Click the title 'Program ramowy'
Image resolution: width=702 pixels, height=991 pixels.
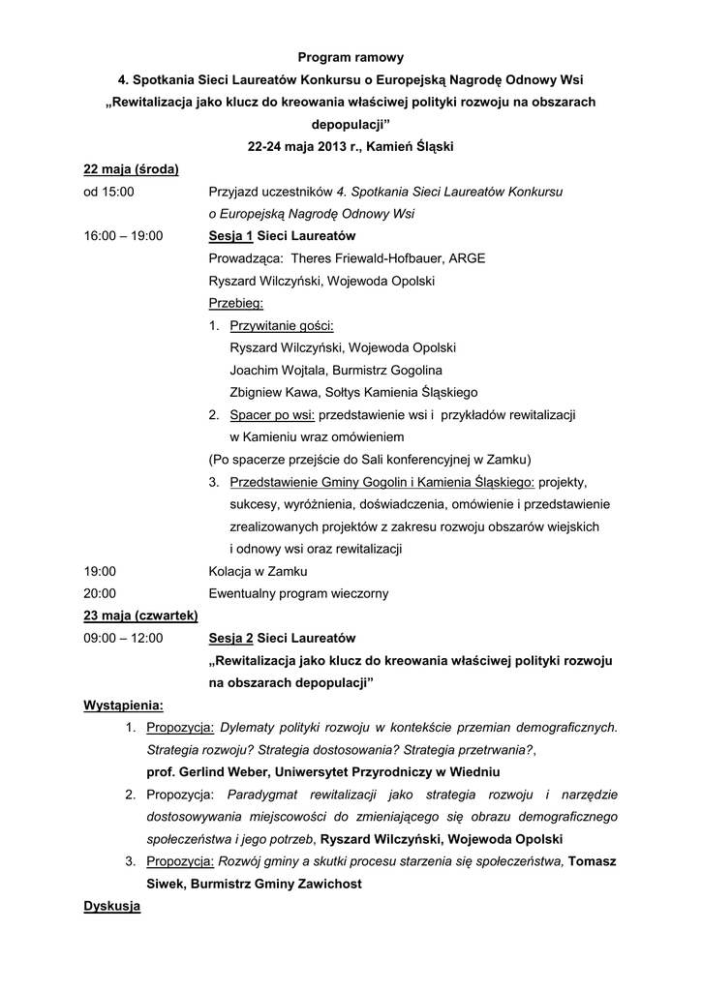[x=351, y=58]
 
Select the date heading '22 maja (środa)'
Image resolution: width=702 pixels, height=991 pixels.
[x=131, y=169]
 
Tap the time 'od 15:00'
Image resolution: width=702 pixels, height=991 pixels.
[x=109, y=192]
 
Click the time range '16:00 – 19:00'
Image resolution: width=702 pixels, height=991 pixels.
[x=124, y=236]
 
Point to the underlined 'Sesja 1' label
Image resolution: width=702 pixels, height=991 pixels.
[x=230, y=236]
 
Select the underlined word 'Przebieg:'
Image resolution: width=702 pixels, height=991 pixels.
[x=229, y=303]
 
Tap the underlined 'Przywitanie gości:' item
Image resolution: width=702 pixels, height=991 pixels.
[x=282, y=325]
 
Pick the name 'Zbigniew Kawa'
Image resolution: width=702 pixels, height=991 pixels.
[x=272, y=392]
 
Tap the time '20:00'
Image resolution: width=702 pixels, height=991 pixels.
[x=101, y=593]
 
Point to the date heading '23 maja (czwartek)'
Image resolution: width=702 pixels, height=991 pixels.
[x=141, y=616]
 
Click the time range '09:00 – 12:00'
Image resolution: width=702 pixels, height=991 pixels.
[x=124, y=638]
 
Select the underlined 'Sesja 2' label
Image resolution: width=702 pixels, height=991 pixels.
[x=230, y=638]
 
